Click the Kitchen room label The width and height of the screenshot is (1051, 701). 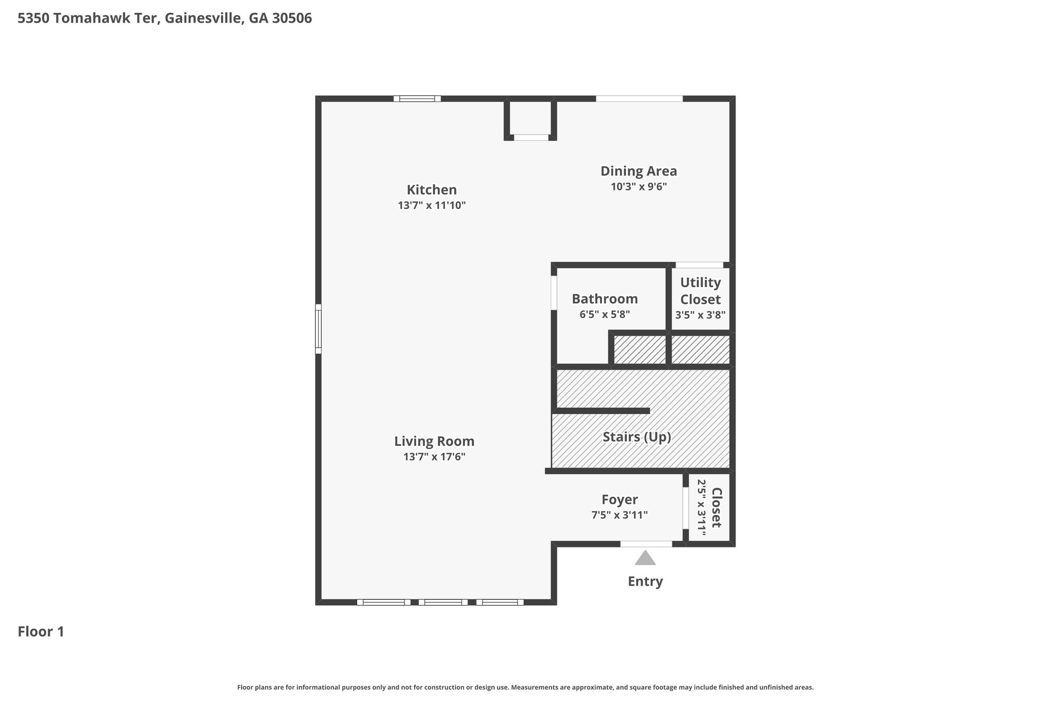click(x=432, y=190)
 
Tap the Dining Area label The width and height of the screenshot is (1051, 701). click(x=639, y=171)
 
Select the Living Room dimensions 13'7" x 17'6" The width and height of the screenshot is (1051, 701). click(x=434, y=457)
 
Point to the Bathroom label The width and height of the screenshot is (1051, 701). click(x=605, y=299)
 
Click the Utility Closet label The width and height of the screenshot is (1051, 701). click(x=700, y=291)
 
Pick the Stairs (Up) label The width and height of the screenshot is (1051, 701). click(x=637, y=437)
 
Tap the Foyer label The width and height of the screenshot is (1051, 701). click(x=619, y=500)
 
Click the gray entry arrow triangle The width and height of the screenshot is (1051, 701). click(x=645, y=558)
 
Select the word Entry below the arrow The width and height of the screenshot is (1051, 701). click(x=646, y=581)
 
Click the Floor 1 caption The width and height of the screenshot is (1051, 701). click(x=41, y=632)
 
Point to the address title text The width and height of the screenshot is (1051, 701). click(x=165, y=18)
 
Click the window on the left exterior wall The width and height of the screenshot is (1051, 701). click(x=318, y=329)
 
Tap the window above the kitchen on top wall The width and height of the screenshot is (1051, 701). click(x=417, y=99)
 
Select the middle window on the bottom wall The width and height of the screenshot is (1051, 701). click(x=443, y=602)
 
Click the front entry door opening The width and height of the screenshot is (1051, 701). click(x=646, y=544)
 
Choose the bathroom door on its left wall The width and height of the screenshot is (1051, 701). click(x=554, y=293)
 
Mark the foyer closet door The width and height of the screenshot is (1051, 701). click(x=686, y=508)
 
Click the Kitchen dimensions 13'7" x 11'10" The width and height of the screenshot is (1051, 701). click(x=432, y=205)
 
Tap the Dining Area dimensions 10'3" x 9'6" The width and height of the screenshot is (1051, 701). click(x=639, y=186)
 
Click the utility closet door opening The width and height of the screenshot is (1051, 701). click(x=699, y=265)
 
